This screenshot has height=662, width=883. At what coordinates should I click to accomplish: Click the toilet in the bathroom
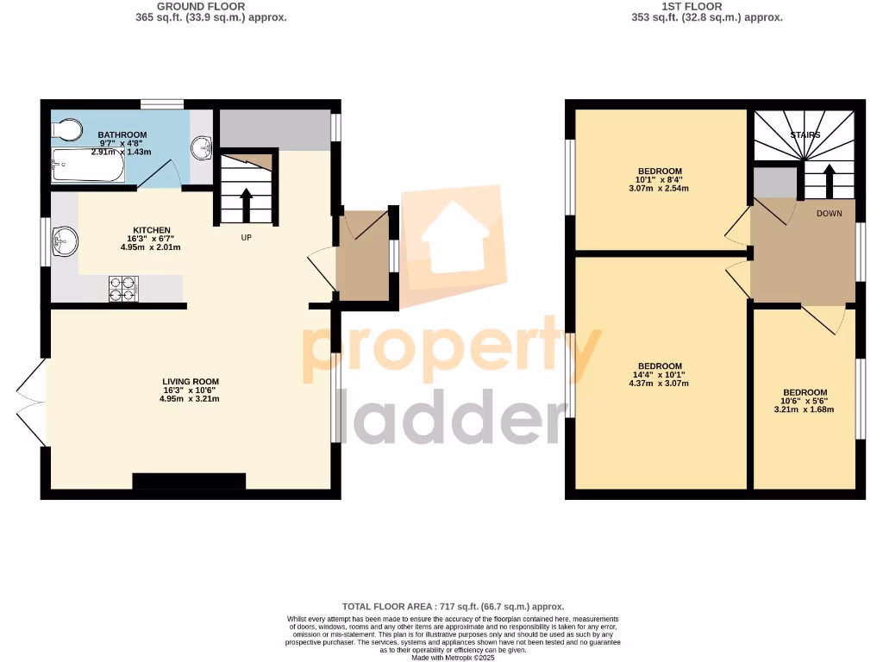coord(66,130)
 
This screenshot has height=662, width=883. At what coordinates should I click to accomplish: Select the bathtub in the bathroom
coord(87,165)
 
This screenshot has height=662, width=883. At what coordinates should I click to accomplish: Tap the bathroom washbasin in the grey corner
coord(204,147)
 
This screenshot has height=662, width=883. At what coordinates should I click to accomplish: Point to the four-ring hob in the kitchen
coord(123,288)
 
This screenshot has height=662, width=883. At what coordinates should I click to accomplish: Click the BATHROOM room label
coord(122,135)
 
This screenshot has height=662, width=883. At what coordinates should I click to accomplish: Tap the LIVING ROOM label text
coord(191,381)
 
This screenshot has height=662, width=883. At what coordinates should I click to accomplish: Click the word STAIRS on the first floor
coord(805,135)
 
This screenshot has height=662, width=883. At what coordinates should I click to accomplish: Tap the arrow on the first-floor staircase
coord(830,180)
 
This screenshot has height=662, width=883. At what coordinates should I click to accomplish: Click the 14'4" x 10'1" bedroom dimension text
coord(660,375)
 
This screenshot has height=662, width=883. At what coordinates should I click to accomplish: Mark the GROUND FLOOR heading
coord(211,6)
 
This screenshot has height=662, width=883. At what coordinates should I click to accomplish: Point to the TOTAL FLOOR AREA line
coord(453,607)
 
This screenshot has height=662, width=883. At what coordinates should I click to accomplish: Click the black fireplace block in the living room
coord(189,481)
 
